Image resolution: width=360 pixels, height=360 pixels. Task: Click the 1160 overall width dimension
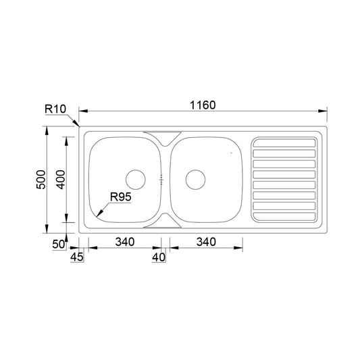click(203, 105)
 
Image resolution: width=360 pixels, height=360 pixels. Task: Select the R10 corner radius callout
click(55, 109)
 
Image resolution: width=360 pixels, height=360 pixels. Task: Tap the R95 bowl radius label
click(120, 197)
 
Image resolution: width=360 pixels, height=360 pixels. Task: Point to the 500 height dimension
click(41, 180)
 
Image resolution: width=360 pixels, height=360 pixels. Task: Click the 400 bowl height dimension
click(61, 180)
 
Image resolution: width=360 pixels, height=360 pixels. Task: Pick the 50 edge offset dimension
click(59, 244)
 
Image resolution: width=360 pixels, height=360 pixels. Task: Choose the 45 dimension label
click(77, 257)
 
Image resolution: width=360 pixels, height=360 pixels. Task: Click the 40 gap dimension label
click(159, 257)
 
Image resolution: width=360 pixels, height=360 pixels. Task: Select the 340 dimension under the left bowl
click(125, 242)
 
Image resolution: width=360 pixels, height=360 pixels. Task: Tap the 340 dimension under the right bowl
click(206, 242)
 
